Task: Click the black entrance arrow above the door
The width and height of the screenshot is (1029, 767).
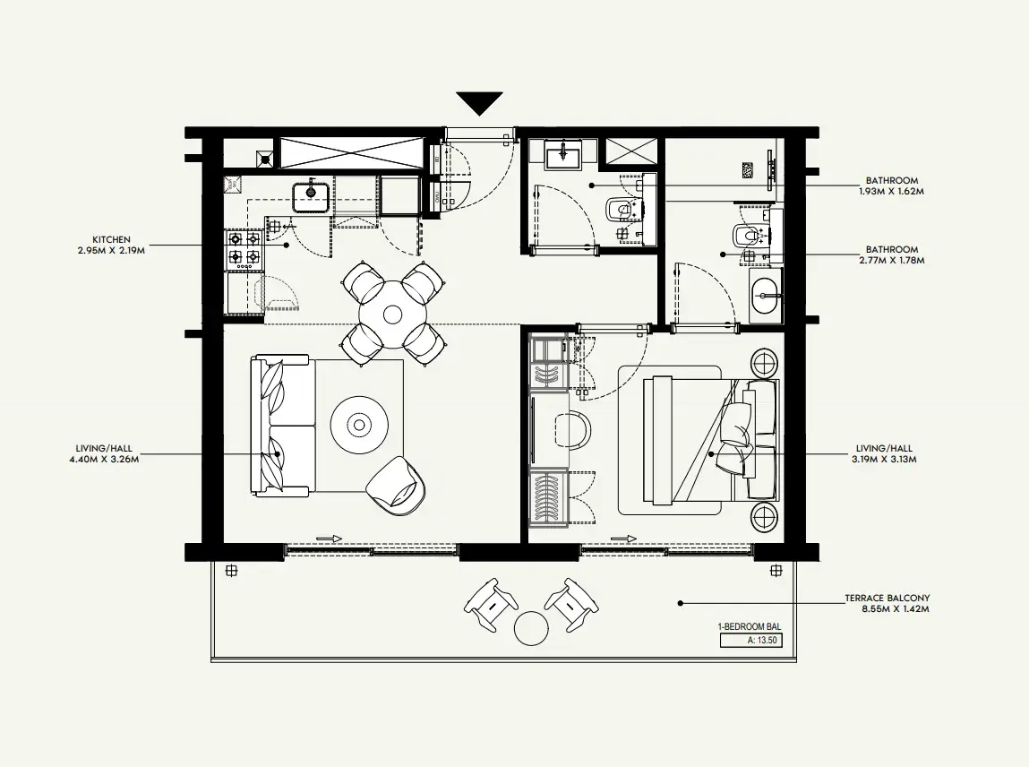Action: pyautogui.click(x=480, y=103)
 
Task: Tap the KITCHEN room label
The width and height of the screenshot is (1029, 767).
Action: pyautogui.click(x=111, y=240)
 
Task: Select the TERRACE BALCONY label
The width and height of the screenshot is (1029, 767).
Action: pyautogui.click(x=887, y=599)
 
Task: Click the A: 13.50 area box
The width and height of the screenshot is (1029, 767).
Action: pyautogui.click(x=750, y=641)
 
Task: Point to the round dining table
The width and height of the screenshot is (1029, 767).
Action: pyautogui.click(x=392, y=315)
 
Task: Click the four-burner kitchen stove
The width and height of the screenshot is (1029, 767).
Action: pyautogui.click(x=244, y=249)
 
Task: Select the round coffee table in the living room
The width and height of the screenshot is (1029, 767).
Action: pyautogui.click(x=358, y=426)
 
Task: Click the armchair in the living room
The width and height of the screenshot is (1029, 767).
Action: pyautogui.click(x=397, y=486)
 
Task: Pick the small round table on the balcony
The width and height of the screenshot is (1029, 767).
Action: pyautogui.click(x=530, y=628)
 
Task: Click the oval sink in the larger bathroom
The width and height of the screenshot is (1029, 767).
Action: pyautogui.click(x=767, y=296)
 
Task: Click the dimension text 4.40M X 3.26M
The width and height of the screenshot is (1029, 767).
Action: pyautogui.click(x=104, y=459)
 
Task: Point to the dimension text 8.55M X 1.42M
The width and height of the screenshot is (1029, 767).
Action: pyautogui.click(x=896, y=609)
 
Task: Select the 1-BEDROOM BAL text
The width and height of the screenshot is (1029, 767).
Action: pyautogui.click(x=750, y=627)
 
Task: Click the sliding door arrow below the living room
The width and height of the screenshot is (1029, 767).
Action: pyautogui.click(x=329, y=539)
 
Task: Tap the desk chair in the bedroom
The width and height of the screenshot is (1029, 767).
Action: pyautogui.click(x=572, y=429)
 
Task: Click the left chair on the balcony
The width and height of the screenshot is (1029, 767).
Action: pyautogui.click(x=491, y=604)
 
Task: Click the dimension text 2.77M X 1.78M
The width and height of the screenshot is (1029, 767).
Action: pyautogui.click(x=892, y=260)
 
